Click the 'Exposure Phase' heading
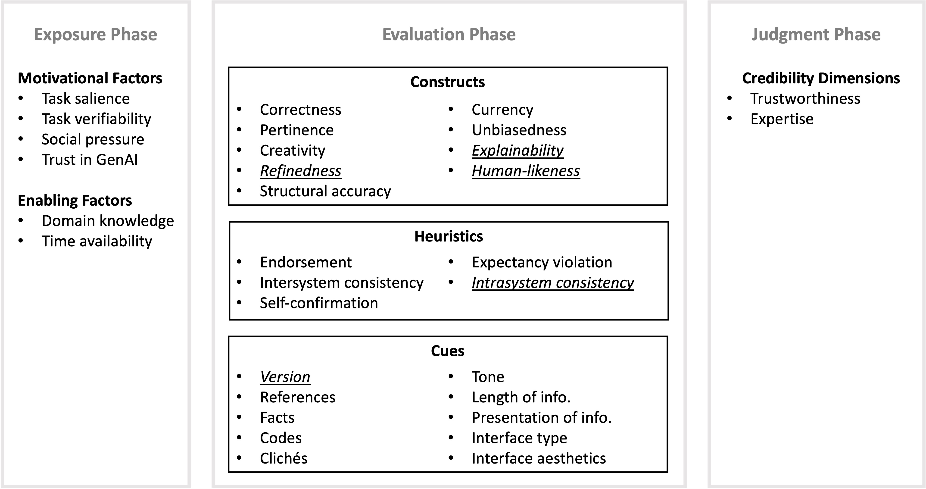96,34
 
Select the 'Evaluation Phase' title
449,34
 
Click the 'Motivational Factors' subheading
90,78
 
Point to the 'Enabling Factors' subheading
75,200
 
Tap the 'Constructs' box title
448,82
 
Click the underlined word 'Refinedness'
300,171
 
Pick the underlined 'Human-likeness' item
526,171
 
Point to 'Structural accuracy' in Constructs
325,191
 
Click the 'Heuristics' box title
449,236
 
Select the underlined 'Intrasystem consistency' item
552,283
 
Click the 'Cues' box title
448,351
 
